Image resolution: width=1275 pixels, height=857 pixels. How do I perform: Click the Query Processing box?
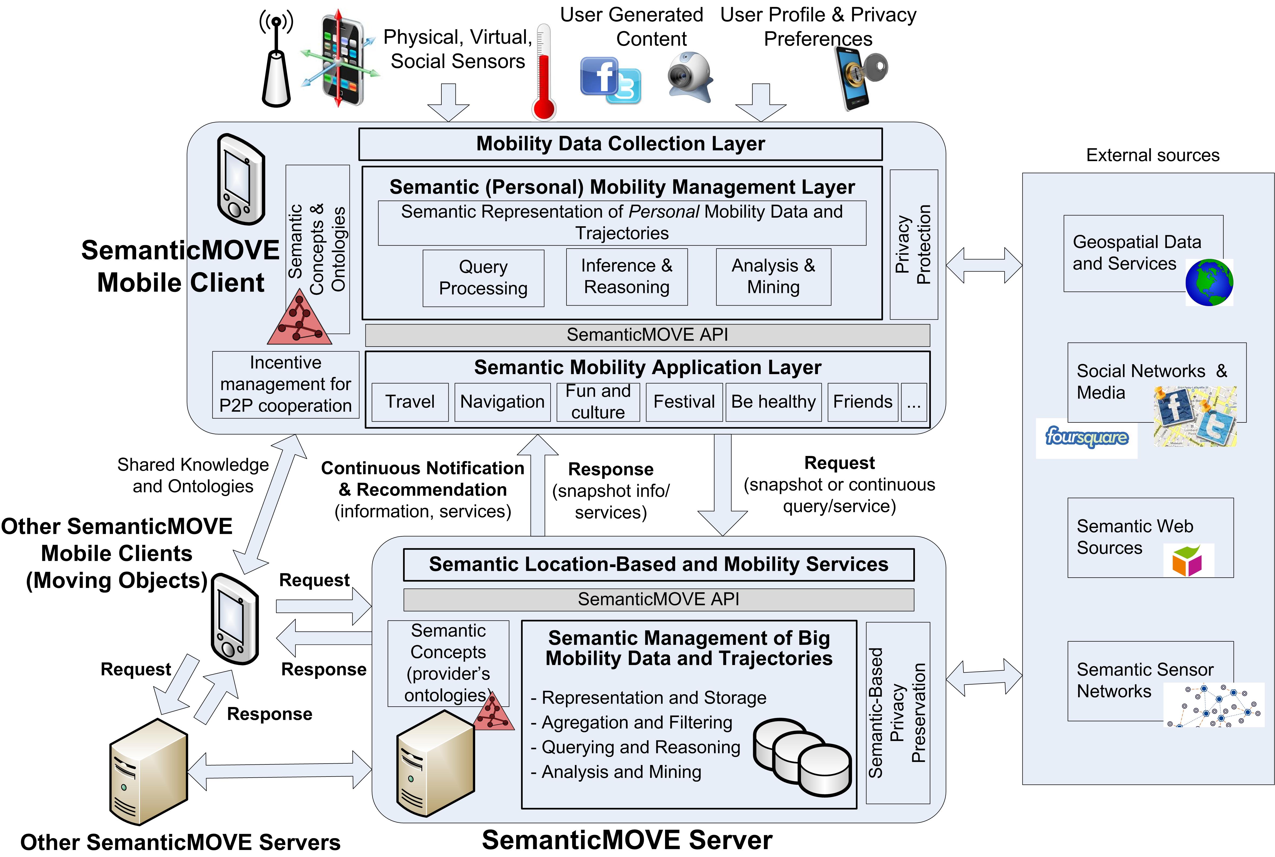(x=483, y=278)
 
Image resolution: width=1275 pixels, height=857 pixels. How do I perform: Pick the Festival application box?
(x=684, y=402)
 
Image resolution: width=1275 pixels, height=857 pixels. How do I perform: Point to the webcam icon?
(x=690, y=76)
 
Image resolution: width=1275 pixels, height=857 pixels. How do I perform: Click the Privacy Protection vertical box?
(x=914, y=244)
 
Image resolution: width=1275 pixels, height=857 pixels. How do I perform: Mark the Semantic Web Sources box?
(x=1150, y=537)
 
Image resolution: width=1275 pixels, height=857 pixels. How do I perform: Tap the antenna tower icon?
(x=276, y=63)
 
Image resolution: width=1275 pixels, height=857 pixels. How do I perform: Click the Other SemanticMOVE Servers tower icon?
(x=149, y=771)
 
